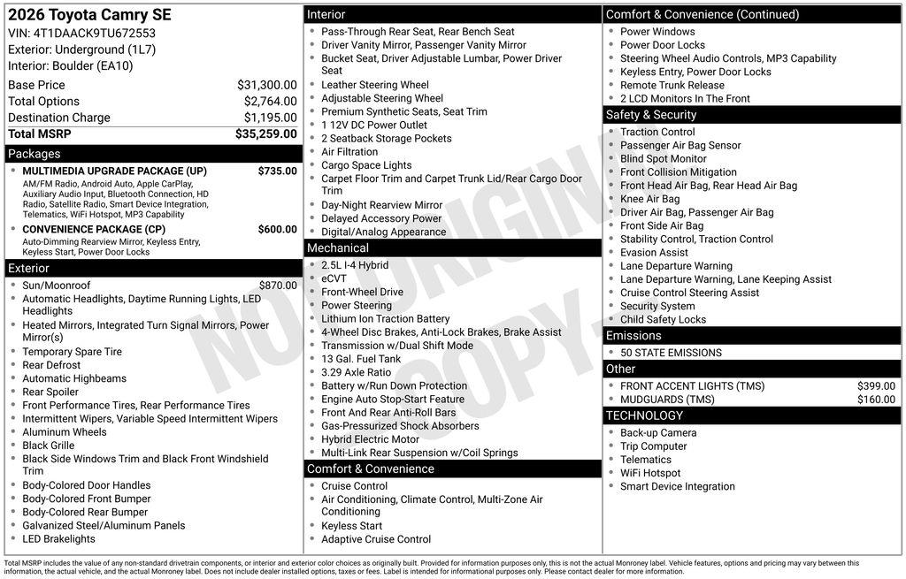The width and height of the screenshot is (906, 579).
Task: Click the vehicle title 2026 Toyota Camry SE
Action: pos(89,15)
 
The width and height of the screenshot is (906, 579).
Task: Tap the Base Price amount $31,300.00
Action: pos(266,85)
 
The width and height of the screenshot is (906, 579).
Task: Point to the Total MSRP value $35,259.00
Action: pos(265,134)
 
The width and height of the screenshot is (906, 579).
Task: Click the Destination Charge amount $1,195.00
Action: pos(270,118)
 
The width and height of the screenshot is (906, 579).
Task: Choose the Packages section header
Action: pos(35,154)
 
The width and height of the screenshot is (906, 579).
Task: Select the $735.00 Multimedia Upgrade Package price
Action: pos(277,171)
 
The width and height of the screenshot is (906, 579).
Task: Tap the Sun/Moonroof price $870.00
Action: pos(278,286)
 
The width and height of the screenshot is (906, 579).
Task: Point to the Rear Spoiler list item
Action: pos(50,392)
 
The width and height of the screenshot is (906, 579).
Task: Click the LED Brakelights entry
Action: pos(58,539)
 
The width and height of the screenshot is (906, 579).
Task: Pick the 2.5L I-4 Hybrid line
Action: pos(354,265)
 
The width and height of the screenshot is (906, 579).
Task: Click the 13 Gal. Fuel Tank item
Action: pos(361,359)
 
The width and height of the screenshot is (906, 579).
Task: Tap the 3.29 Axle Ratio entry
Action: pos(356,373)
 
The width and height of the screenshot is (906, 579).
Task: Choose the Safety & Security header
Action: pos(651,115)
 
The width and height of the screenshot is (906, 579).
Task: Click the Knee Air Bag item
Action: pos(649,199)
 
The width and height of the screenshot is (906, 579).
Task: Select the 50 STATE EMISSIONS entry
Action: pos(671,353)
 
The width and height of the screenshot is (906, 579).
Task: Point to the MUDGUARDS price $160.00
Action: pos(876,400)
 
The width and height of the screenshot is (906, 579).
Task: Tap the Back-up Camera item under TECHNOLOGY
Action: pos(658,433)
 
